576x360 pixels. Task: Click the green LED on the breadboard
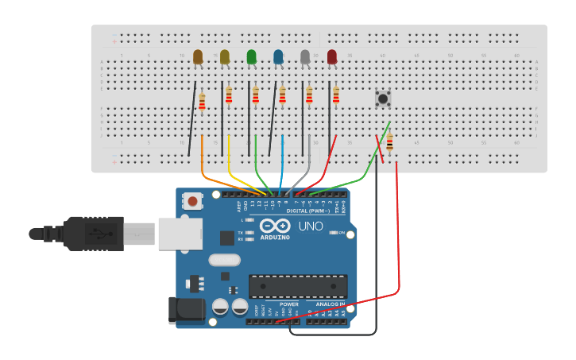coord(252,56)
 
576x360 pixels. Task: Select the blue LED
coord(278,56)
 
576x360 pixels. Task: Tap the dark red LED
coord(332,56)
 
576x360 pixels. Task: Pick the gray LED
coord(305,56)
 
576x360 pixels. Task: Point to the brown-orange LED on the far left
coord(198,56)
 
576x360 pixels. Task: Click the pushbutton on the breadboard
coord(383,99)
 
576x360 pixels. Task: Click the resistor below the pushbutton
coord(389,143)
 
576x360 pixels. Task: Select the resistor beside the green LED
coord(256,95)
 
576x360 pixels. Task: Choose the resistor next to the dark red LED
coord(336,96)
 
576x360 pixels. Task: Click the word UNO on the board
coord(311,226)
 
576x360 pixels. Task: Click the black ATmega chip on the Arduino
coord(298,286)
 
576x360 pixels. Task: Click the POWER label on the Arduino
coord(289,304)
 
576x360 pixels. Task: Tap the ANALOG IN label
coord(331,304)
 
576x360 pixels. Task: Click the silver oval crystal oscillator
coord(224,260)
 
